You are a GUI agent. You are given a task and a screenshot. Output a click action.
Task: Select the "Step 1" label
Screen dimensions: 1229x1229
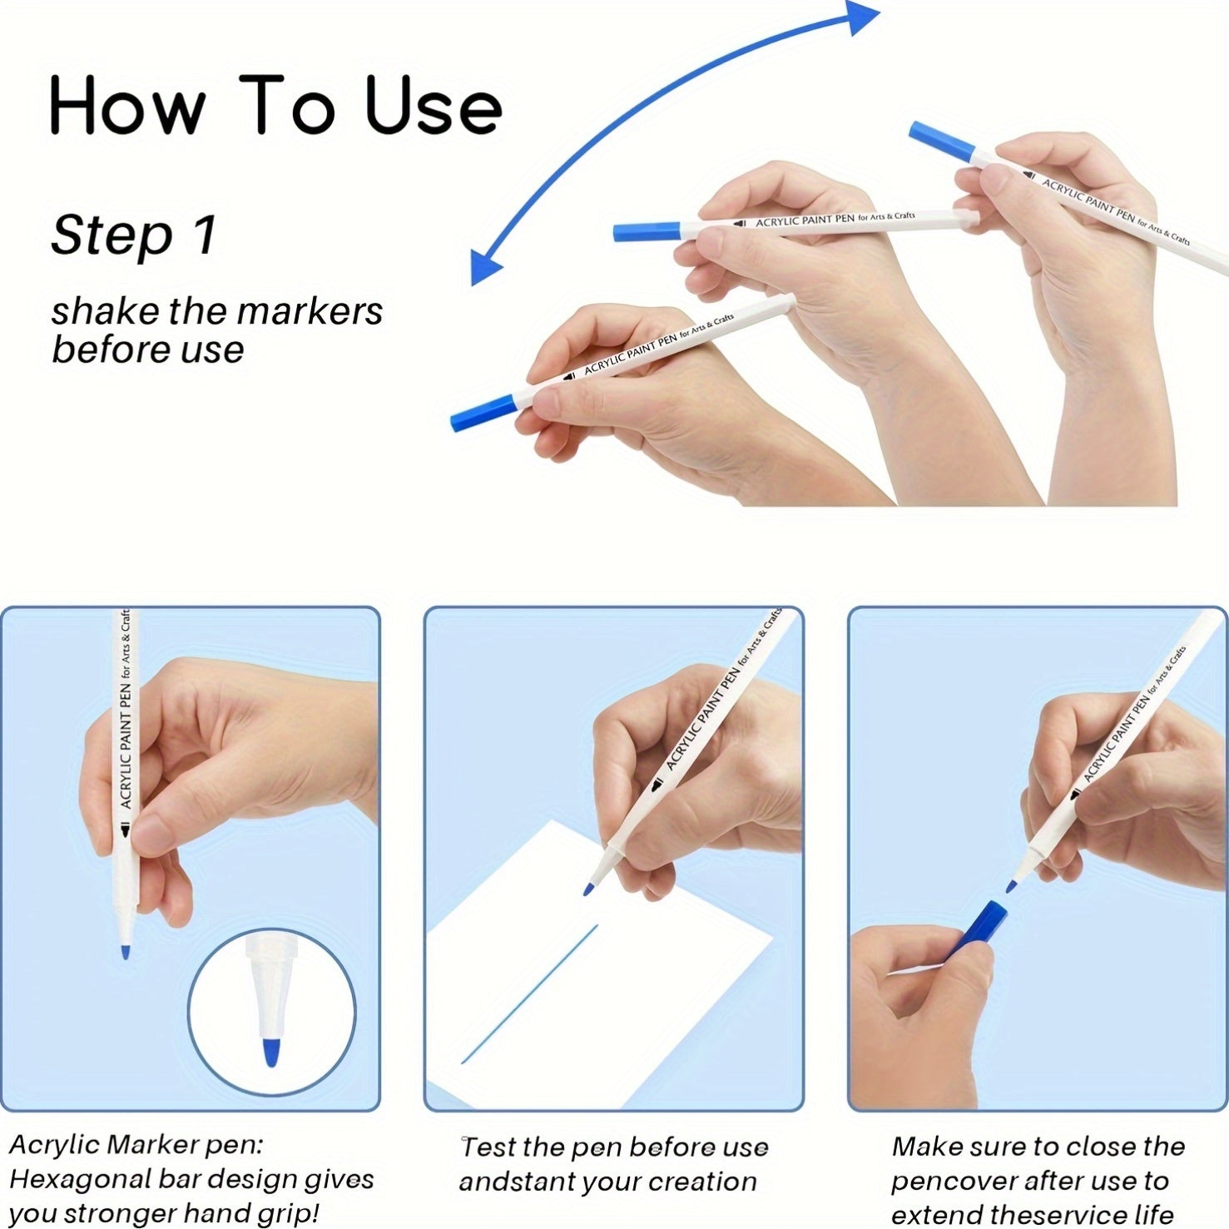(134, 235)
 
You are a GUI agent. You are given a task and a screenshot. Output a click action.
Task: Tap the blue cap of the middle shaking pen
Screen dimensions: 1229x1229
(647, 230)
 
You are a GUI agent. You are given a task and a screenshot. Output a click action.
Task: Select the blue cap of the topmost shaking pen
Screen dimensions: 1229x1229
(942, 141)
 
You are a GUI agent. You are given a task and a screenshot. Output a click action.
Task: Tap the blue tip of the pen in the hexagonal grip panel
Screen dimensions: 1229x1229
(125, 950)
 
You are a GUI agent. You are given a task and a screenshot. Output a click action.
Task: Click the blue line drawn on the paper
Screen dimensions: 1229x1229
(529, 994)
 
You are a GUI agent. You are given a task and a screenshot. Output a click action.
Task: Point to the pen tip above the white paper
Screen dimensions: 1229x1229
(589, 889)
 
